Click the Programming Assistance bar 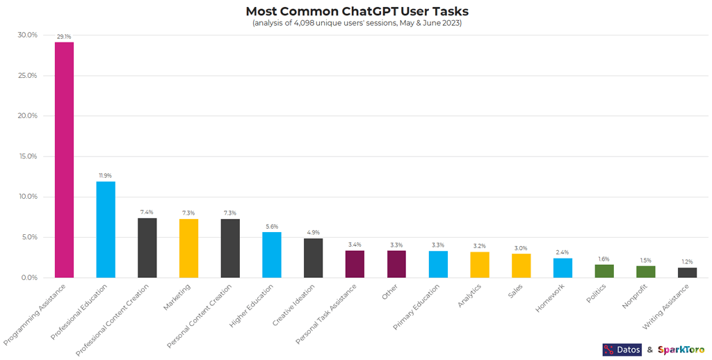pyautogui.click(x=64, y=160)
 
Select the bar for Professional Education pyautogui.click(x=106, y=229)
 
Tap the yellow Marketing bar pyautogui.click(x=188, y=248)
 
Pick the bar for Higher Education pyautogui.click(x=272, y=254)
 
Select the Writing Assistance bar pyautogui.click(x=687, y=272)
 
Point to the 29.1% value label pyautogui.click(x=64, y=36)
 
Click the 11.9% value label pyautogui.click(x=106, y=175)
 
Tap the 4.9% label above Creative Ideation pyautogui.click(x=314, y=232)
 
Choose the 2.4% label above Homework pyautogui.click(x=563, y=252)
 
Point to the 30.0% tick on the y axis pyautogui.click(x=28, y=35)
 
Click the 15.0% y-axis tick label pyautogui.click(x=28, y=156)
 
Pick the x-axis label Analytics pyautogui.click(x=469, y=297)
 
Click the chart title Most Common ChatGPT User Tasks pyautogui.click(x=357, y=11)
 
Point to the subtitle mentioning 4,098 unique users pyautogui.click(x=357, y=23)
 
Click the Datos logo pyautogui.click(x=622, y=350)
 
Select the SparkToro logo pyautogui.click(x=681, y=350)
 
